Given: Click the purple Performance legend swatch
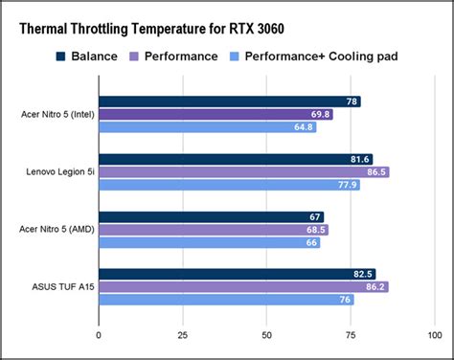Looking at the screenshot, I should (136, 56).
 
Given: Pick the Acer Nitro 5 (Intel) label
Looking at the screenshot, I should (56, 114).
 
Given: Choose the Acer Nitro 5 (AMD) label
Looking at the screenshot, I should (56, 230).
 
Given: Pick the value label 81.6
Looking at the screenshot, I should (360, 159).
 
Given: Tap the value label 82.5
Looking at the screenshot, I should (363, 274).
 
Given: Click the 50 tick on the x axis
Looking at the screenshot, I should (266, 335).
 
